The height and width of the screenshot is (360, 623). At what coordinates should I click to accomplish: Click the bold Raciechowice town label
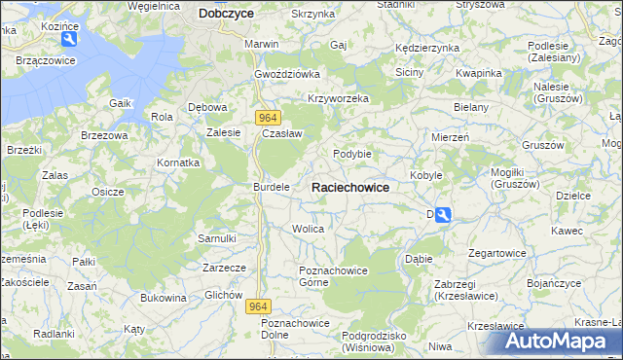[350, 187]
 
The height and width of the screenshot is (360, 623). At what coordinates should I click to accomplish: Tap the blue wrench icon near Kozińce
[69, 40]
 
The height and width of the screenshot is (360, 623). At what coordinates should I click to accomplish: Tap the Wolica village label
[308, 229]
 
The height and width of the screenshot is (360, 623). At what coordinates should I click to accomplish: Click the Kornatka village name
[179, 162]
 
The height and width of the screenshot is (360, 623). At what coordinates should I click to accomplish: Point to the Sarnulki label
[217, 237]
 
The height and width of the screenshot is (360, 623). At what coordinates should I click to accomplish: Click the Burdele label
[272, 186]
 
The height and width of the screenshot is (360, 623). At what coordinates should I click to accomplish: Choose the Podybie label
[352, 154]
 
